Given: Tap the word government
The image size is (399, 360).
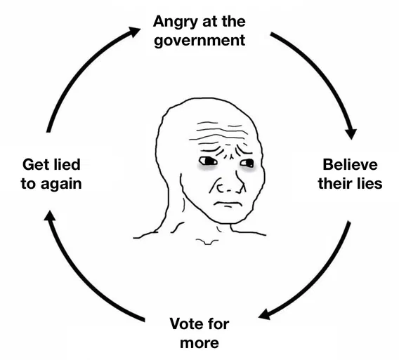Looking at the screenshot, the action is pos(199,41).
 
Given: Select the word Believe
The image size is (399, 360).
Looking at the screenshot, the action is pos(350,164).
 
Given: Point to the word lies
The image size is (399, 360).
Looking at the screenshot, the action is pos(369,183).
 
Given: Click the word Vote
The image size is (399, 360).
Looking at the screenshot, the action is pos(186,324).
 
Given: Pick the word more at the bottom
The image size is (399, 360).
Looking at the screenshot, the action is pos(199,343).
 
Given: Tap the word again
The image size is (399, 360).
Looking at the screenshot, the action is pos(61,185).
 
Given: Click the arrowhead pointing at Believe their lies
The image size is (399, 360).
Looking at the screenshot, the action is pos(351,133).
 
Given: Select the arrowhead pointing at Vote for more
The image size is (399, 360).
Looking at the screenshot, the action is pos(264,314).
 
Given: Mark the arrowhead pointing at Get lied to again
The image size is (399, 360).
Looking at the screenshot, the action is pos(50,216).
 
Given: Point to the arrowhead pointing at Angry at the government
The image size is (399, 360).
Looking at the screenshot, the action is pos(134,32).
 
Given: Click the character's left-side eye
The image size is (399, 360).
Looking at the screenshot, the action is pos(208,161).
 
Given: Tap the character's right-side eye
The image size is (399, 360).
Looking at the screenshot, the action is pos(247,163).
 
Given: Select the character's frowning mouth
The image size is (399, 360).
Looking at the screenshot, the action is pos(228,204).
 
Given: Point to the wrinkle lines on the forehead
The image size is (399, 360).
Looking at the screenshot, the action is pos(219,133).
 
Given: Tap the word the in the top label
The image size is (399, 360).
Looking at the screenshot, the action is pos(234,21).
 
